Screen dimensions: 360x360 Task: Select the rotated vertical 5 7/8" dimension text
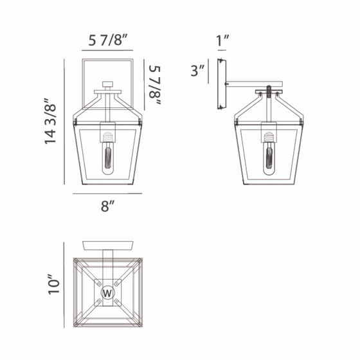(154, 80)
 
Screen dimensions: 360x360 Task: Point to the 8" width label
(107, 206)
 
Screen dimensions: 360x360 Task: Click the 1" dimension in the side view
(222, 42)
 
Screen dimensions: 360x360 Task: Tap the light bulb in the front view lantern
(107, 157)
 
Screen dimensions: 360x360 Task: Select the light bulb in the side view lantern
(267, 157)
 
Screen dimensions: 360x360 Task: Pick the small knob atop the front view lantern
(108, 84)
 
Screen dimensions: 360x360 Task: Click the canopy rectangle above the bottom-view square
(108, 245)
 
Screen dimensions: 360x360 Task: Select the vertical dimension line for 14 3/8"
(66, 122)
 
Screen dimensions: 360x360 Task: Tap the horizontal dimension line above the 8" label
(107, 193)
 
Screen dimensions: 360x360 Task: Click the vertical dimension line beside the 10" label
(66, 283)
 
